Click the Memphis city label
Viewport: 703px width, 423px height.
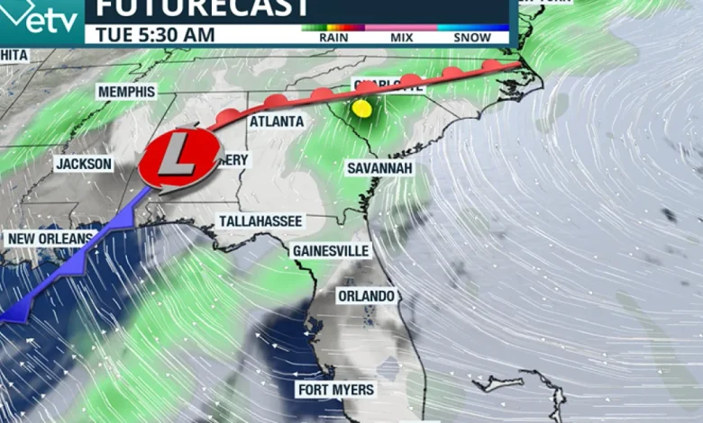click(127, 92)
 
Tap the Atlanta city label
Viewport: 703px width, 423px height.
click(277, 121)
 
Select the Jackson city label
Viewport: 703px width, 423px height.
click(84, 165)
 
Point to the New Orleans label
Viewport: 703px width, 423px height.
click(50, 238)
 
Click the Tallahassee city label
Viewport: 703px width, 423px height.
click(261, 221)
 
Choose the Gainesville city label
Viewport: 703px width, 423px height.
click(331, 250)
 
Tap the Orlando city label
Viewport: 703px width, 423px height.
click(367, 296)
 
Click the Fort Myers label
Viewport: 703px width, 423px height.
click(335, 390)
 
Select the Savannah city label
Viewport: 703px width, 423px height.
click(380, 168)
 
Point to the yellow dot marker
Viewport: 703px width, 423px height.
click(362, 108)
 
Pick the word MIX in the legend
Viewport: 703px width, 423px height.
click(402, 38)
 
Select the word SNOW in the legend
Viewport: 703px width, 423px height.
click(472, 38)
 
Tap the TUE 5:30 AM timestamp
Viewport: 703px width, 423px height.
click(151, 35)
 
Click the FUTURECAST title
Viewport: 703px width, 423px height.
click(203, 9)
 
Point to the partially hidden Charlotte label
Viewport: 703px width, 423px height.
click(388, 85)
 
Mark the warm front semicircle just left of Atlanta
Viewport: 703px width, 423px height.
click(229, 115)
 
